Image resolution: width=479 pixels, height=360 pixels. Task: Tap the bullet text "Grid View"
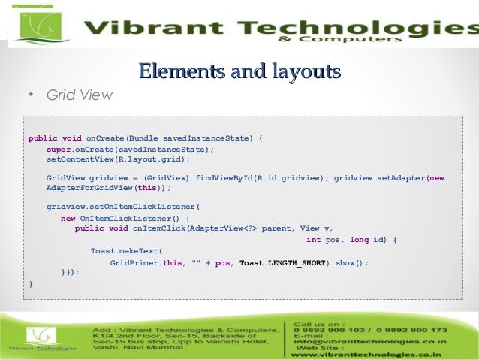point(79,95)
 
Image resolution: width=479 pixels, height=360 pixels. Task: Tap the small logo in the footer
point(42,339)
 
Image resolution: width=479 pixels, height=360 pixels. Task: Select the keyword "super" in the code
point(59,149)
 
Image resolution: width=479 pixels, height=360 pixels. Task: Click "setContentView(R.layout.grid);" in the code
point(119,159)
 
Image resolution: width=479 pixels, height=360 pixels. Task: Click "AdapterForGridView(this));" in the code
point(109,188)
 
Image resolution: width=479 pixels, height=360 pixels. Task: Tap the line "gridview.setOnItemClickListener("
point(124,206)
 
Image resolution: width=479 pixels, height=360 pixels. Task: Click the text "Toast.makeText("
point(126,251)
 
